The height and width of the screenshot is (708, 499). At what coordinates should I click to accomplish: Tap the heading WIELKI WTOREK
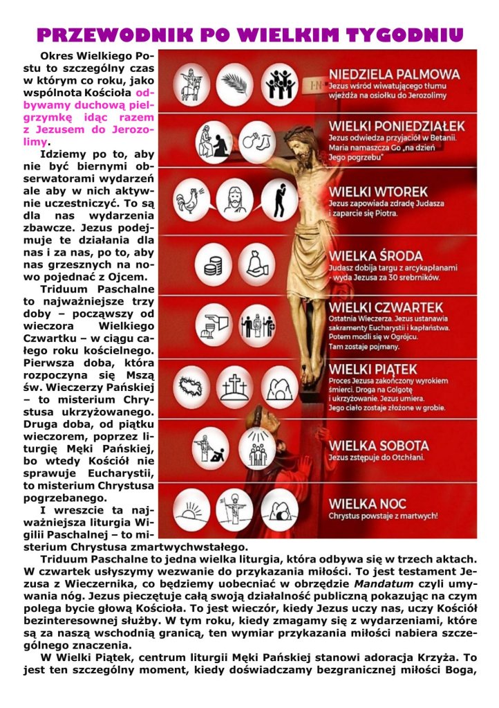pos(378,191)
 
